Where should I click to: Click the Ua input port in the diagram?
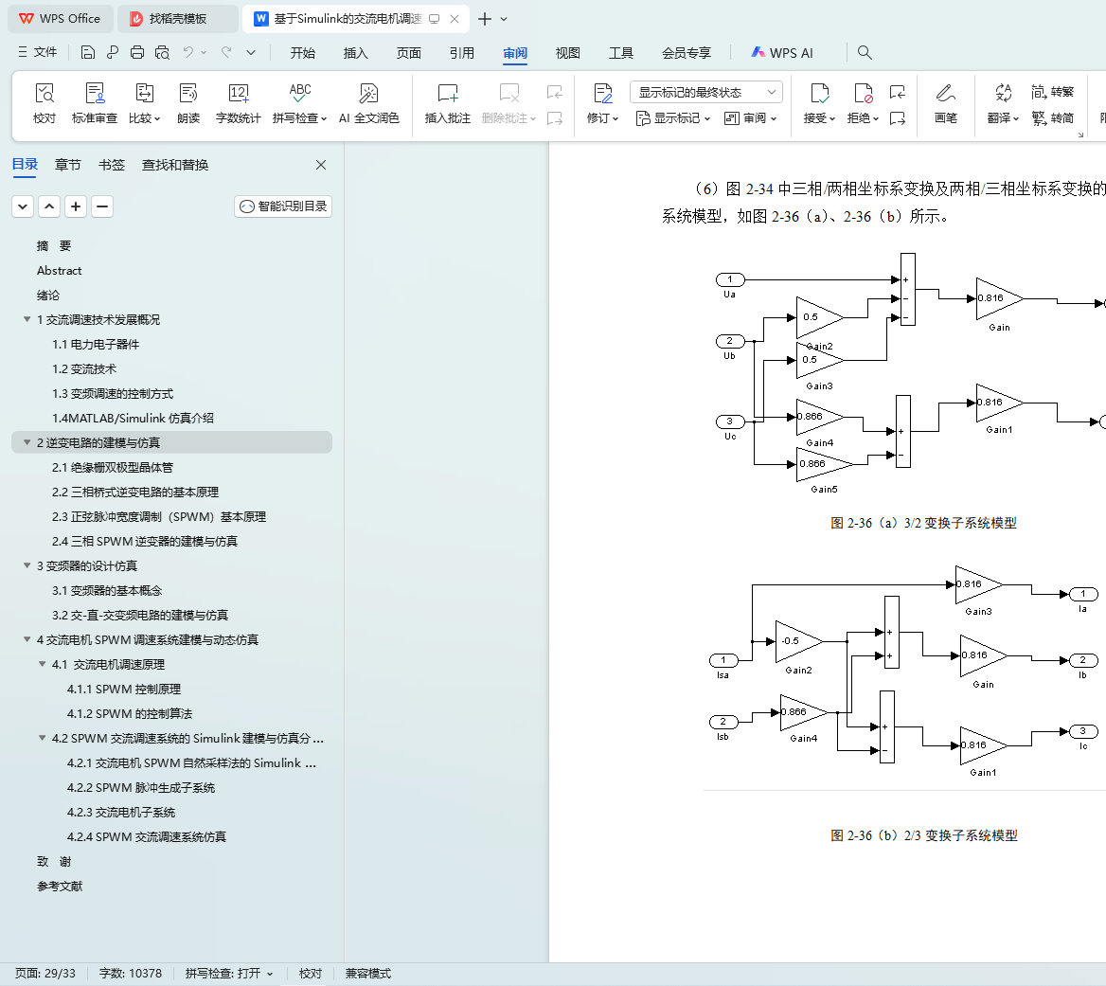pyautogui.click(x=729, y=279)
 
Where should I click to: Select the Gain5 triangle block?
pyautogui.click(x=820, y=464)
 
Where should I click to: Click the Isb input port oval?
pyautogui.click(x=722, y=722)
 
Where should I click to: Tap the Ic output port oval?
pyautogui.click(x=1083, y=731)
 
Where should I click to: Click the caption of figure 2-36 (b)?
pyautogui.click(x=923, y=835)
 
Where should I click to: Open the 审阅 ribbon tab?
pyautogui.click(x=515, y=53)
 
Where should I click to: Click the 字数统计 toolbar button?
pyautogui.click(x=238, y=103)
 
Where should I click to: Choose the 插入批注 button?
pyautogui.click(x=447, y=103)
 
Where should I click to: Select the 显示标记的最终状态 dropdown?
pyautogui.click(x=705, y=92)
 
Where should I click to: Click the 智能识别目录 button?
pyautogui.click(x=283, y=206)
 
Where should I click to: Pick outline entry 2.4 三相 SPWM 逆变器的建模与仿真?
pyautogui.click(x=145, y=541)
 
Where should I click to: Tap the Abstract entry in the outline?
pyautogui.click(x=60, y=270)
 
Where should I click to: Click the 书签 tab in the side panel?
pyautogui.click(x=112, y=165)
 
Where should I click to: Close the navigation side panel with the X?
pyautogui.click(x=321, y=165)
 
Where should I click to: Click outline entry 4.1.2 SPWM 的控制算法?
pyautogui.click(x=130, y=713)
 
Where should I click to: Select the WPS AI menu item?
pyautogui.click(x=782, y=53)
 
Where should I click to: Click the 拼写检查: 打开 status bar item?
pyautogui.click(x=228, y=974)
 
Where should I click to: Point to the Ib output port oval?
pyautogui.click(x=1083, y=660)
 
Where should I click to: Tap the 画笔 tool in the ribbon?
pyautogui.click(x=945, y=103)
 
